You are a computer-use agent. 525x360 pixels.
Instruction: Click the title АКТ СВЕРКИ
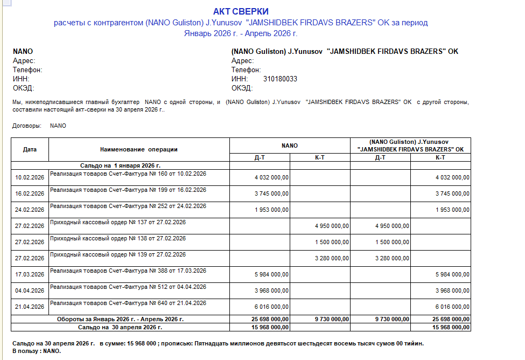pyautogui.click(x=241, y=11)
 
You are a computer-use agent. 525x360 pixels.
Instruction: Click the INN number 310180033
pyautogui.click(x=280, y=79)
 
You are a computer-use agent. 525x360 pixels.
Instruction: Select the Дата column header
pyautogui.click(x=30, y=149)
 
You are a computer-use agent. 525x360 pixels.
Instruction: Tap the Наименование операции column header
pyautogui.click(x=139, y=149)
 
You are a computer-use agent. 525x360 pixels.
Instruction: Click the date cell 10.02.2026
pyautogui.click(x=30, y=178)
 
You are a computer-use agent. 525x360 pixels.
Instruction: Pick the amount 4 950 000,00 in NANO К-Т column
pyautogui.click(x=332, y=226)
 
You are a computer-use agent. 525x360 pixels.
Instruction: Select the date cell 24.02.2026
pyautogui.click(x=30, y=210)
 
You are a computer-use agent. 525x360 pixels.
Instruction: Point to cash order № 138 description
pyautogui.click(x=118, y=238)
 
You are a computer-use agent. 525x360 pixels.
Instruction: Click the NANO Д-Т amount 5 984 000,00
pyautogui.click(x=271, y=274)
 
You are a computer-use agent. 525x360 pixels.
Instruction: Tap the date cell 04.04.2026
pyautogui.click(x=30, y=290)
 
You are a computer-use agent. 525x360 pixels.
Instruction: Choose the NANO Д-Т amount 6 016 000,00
pyautogui.click(x=271, y=307)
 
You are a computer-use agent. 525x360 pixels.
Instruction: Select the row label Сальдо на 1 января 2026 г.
pyautogui.click(x=121, y=166)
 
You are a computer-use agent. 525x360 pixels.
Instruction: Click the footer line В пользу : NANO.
pyautogui.click(x=37, y=351)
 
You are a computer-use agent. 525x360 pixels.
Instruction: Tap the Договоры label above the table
pyautogui.click(x=26, y=126)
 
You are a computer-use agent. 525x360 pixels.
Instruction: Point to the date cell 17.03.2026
pyautogui.click(x=30, y=274)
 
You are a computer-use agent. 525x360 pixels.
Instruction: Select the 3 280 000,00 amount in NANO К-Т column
pyautogui.click(x=332, y=258)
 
